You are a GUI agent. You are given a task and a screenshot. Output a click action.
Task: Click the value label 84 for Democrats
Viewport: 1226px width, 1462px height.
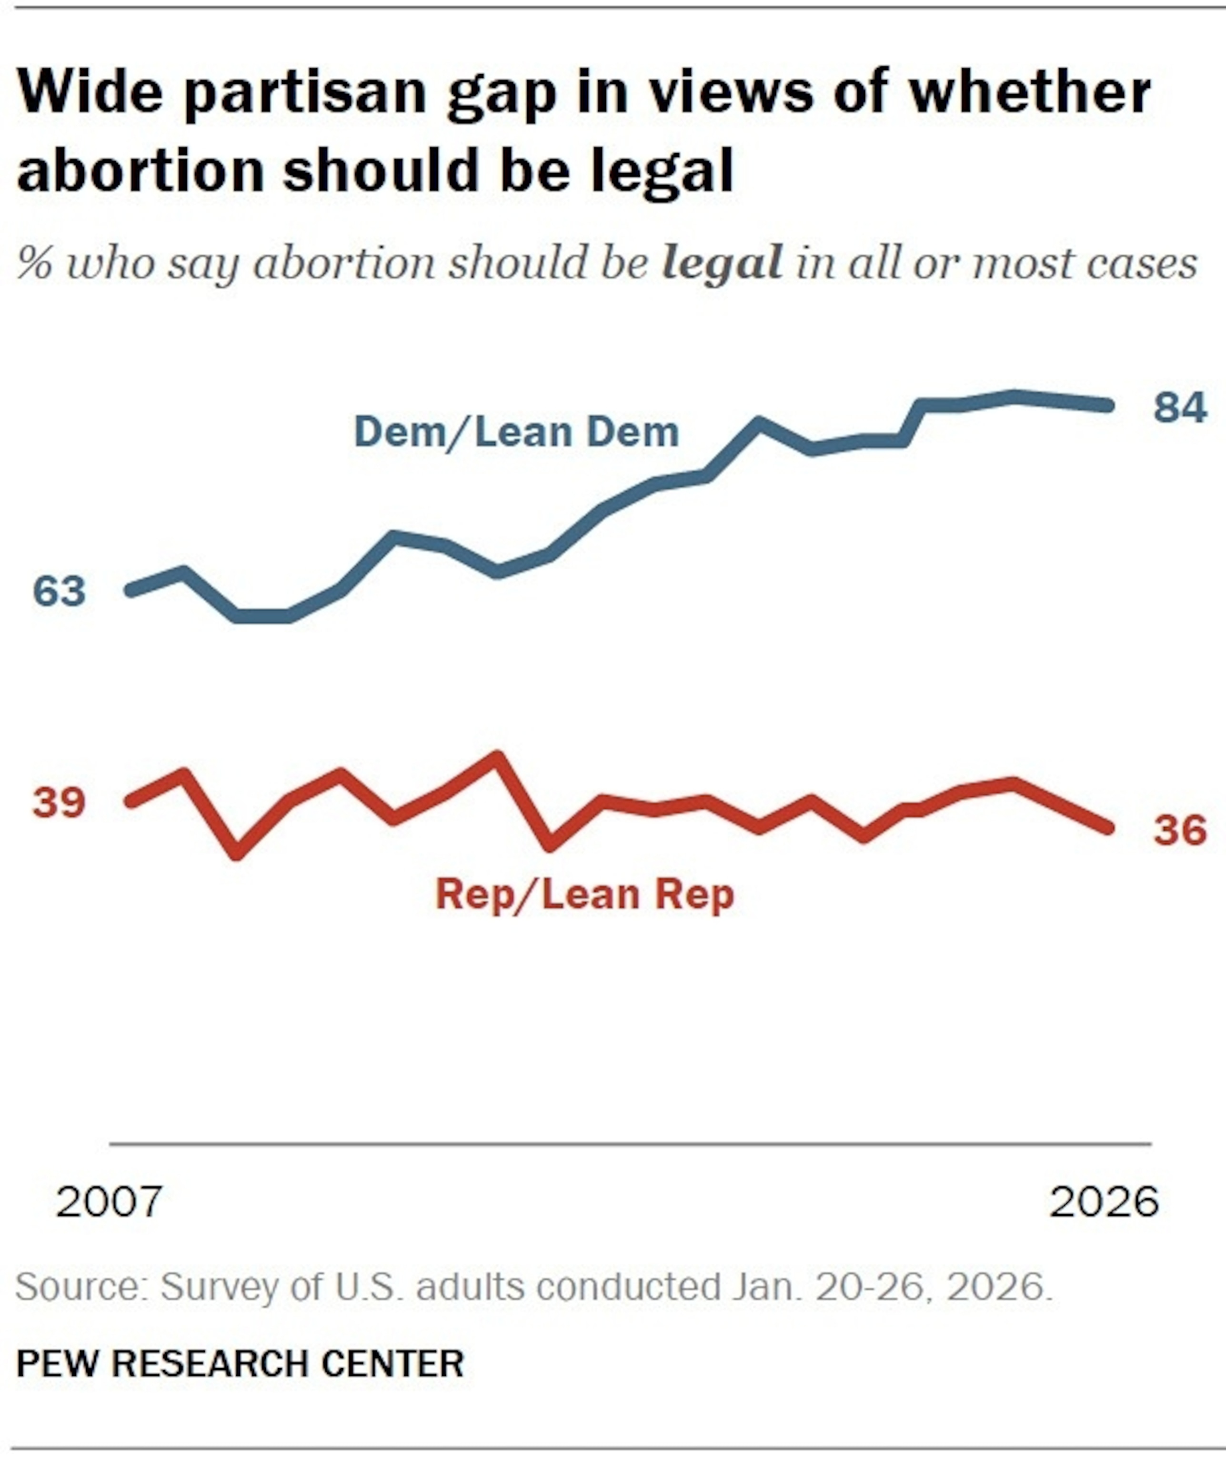point(1180,407)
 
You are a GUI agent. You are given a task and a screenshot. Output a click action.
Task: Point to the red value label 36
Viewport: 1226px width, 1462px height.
point(1180,830)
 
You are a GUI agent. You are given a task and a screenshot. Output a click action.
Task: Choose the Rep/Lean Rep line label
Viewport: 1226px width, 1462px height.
point(584,895)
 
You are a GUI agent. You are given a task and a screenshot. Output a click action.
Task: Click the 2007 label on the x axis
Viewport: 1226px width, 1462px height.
point(110,1202)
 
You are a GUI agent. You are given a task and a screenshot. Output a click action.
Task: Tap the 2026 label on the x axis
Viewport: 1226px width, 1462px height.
point(1104,1202)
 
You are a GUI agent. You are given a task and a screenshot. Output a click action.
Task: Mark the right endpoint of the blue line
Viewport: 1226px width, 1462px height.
point(1109,405)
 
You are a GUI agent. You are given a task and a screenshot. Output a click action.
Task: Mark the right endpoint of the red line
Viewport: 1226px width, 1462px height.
point(1109,827)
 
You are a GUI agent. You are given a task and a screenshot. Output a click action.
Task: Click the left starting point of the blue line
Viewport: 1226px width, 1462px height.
point(130,591)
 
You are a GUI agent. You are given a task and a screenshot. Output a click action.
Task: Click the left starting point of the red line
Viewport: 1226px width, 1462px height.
point(130,802)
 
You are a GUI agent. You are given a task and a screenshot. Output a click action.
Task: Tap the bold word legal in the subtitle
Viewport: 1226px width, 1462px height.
point(722,264)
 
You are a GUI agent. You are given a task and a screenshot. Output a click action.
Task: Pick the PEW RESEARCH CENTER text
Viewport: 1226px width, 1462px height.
point(240,1364)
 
